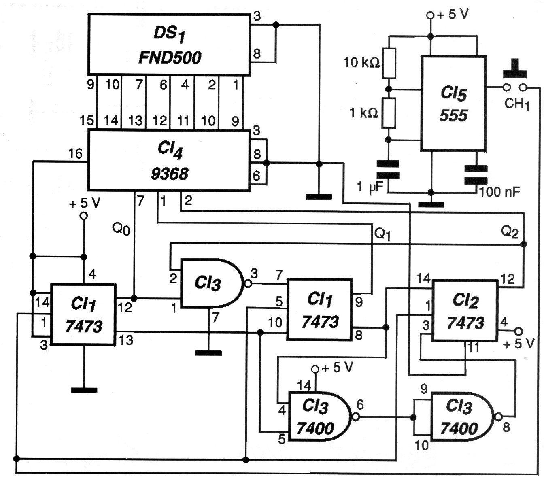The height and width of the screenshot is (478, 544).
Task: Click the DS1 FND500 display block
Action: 169,45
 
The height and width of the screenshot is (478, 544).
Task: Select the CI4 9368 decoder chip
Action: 169,160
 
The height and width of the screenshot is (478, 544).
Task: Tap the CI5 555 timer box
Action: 453,104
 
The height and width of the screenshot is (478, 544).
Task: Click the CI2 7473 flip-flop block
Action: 465,311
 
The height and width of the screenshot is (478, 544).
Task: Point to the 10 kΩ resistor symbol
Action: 389,63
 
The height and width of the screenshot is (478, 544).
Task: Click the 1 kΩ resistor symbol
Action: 389,113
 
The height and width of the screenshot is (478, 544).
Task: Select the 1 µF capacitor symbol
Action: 388,170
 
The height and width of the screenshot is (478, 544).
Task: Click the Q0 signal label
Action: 121,229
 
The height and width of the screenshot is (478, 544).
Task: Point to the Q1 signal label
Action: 382,234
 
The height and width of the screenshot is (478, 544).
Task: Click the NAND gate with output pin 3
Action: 210,283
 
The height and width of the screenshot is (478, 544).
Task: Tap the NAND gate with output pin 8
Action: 461,416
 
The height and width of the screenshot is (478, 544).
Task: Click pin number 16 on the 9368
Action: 75,154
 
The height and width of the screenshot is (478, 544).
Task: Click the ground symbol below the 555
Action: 431,204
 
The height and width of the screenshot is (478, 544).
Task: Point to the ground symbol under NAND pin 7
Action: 208,353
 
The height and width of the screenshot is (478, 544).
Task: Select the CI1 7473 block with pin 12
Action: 83,314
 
